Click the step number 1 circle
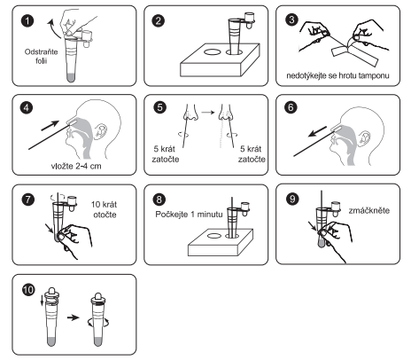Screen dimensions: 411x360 [27, 21]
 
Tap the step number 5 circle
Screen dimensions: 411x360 [159, 107]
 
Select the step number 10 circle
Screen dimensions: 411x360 [28, 290]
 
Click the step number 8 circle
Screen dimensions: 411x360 [159, 200]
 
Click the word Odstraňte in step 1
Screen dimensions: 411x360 [41, 52]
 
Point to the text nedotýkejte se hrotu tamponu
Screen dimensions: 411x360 [337, 75]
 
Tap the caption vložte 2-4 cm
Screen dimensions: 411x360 [76, 166]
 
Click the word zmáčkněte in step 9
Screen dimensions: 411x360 [369, 210]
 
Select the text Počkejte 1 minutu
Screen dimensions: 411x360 [189, 214]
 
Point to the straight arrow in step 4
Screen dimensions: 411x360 [50, 126]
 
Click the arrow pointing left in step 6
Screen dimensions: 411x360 [317, 132]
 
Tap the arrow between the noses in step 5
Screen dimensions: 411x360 [208, 113]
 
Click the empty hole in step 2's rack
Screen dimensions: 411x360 [212, 52]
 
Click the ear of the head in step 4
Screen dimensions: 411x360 [100, 131]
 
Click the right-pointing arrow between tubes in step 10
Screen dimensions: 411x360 [74, 317]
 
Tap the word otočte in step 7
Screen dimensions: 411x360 [105, 215]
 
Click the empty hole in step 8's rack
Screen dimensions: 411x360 [214, 236]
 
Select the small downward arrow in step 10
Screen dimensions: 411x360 [42, 300]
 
